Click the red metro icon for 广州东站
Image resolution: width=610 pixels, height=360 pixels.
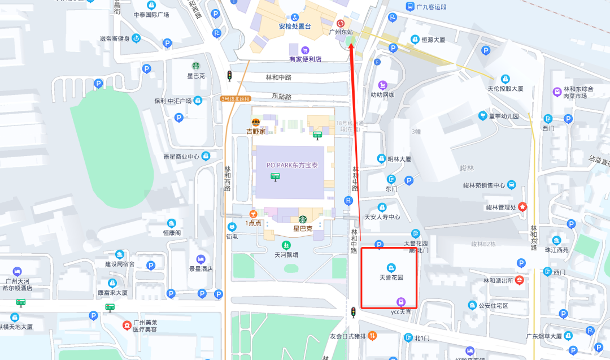[x=340, y=23]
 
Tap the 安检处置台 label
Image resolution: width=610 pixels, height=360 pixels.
[x=294, y=26]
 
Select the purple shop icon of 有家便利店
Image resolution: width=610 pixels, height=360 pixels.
[x=306, y=50]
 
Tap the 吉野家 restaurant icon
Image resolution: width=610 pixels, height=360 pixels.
[x=255, y=122]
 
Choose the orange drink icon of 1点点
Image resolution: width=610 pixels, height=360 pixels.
[x=253, y=214]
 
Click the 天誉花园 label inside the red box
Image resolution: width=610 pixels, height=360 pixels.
[x=391, y=277]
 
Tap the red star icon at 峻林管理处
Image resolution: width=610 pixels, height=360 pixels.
[x=522, y=207]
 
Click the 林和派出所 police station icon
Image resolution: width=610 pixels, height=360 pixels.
[x=519, y=280]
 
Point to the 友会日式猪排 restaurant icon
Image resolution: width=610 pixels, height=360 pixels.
[x=372, y=336]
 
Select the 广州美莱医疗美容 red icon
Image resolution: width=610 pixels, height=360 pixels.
[x=127, y=326]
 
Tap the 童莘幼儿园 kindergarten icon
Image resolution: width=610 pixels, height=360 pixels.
[x=482, y=116]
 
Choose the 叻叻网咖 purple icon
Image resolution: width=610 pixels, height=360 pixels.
[x=382, y=85]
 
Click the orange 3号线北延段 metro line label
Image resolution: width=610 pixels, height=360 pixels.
[x=235, y=98]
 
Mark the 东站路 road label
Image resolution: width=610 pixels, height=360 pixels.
[x=281, y=97]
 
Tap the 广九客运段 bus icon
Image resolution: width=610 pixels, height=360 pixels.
[x=410, y=7]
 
